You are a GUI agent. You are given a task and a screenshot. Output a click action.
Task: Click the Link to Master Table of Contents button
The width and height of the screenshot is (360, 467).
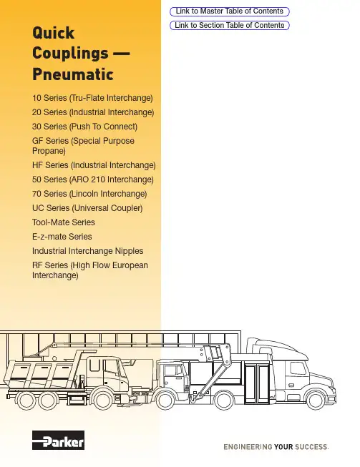(x=230, y=11)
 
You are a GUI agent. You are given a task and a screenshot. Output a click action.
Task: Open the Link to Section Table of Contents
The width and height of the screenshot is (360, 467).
(x=230, y=25)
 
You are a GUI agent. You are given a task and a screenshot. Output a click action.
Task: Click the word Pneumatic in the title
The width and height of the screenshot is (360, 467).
(x=73, y=74)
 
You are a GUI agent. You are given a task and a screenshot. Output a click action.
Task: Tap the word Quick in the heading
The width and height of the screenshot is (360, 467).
(x=53, y=33)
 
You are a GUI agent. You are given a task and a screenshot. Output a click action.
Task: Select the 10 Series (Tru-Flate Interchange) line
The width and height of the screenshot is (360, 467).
(x=92, y=98)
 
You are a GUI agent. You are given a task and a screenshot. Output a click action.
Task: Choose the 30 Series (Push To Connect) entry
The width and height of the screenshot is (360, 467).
(x=84, y=127)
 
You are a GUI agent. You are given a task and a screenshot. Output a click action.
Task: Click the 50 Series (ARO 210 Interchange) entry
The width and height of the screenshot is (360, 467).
(x=92, y=180)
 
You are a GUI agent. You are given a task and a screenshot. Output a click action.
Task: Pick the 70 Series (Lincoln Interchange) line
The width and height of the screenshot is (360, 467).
(x=89, y=194)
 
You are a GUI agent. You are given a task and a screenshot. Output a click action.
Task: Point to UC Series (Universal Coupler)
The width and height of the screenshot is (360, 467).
(x=87, y=208)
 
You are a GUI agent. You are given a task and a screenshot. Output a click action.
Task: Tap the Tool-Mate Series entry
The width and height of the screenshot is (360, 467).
(x=64, y=222)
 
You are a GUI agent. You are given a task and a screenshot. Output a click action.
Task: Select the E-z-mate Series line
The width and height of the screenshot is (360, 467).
(x=62, y=237)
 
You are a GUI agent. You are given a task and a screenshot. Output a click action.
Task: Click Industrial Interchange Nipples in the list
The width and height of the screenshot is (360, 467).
(x=87, y=251)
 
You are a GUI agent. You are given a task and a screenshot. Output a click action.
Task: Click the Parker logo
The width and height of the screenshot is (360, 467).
(x=58, y=440)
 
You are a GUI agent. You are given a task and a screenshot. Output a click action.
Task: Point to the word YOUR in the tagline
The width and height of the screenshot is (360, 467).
(x=283, y=447)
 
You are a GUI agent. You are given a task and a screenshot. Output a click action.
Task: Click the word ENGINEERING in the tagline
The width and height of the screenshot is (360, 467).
(x=248, y=447)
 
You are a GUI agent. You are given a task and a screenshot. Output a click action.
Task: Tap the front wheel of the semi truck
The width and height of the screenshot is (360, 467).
(x=316, y=400)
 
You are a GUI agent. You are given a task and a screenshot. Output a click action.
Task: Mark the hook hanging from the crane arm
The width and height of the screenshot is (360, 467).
(x=193, y=398)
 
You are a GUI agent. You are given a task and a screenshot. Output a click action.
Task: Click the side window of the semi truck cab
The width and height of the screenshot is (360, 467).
(x=298, y=368)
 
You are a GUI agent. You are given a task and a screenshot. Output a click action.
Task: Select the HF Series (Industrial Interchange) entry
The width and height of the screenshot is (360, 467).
(x=94, y=165)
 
